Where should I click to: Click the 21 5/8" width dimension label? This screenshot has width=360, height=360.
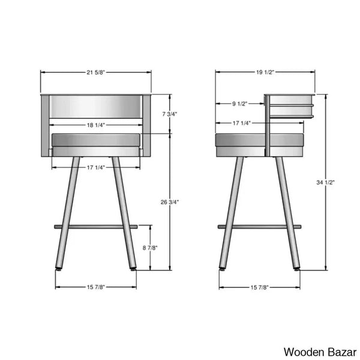[95, 73]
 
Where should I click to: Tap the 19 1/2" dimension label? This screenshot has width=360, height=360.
[265, 72]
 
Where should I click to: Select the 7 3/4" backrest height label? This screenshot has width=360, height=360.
[170, 114]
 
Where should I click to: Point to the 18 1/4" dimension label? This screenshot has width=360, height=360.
[96, 125]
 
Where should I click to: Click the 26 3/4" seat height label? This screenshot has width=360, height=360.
[170, 202]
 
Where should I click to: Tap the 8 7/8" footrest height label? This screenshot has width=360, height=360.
[150, 248]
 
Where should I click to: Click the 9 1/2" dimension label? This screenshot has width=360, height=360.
[239, 104]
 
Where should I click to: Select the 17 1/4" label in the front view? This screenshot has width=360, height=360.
[96, 167]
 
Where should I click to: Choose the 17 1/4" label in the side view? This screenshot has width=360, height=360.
[242, 123]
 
